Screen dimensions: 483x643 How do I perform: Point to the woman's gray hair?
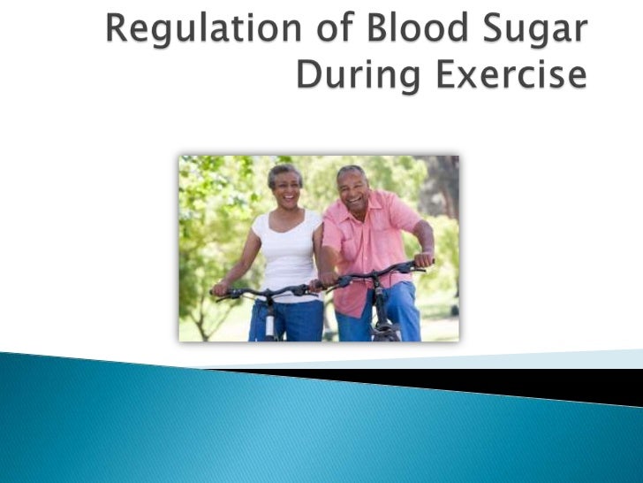pyautogui.click(x=284, y=170)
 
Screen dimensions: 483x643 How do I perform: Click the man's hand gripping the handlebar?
pyautogui.click(x=425, y=260)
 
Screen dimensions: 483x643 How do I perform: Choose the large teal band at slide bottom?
pyautogui.click(x=265, y=433)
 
